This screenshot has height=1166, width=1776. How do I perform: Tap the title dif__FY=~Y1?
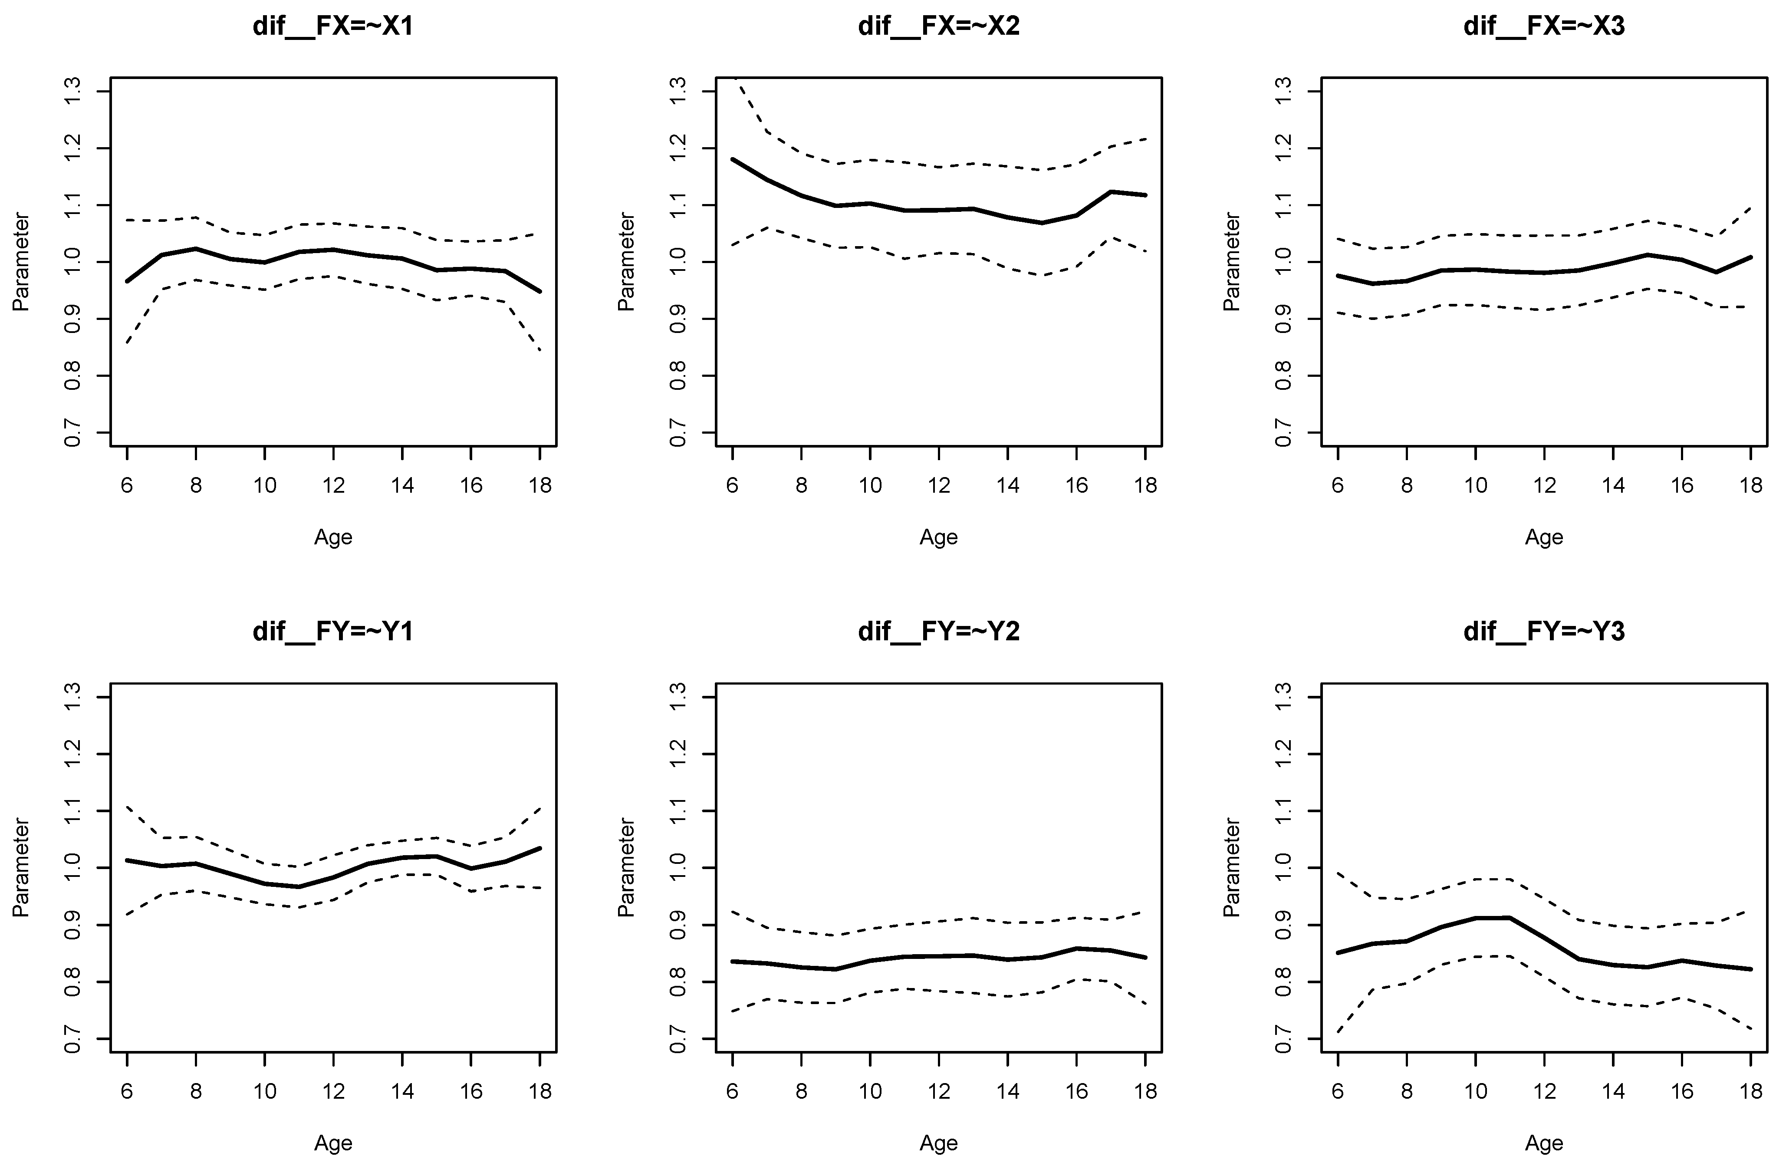coord(333,632)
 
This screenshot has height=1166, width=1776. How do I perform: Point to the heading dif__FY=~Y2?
coord(939,632)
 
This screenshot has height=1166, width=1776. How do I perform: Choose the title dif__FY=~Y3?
coord(1544,632)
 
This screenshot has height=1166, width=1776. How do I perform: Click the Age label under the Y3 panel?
coord(1544,1143)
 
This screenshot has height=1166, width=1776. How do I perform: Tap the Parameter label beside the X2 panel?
coord(626,262)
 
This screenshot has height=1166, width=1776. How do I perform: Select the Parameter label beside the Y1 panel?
coord(21,867)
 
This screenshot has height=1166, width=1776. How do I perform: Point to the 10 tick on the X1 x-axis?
coord(264,486)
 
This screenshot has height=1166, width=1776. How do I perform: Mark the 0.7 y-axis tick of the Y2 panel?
coord(678,1038)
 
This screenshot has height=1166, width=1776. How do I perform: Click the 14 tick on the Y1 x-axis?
coord(402,1091)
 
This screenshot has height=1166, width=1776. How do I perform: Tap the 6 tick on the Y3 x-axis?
coord(1338,1091)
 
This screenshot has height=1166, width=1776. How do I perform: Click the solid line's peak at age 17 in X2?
coord(1111,192)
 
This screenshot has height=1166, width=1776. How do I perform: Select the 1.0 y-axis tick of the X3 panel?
coord(1283,262)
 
